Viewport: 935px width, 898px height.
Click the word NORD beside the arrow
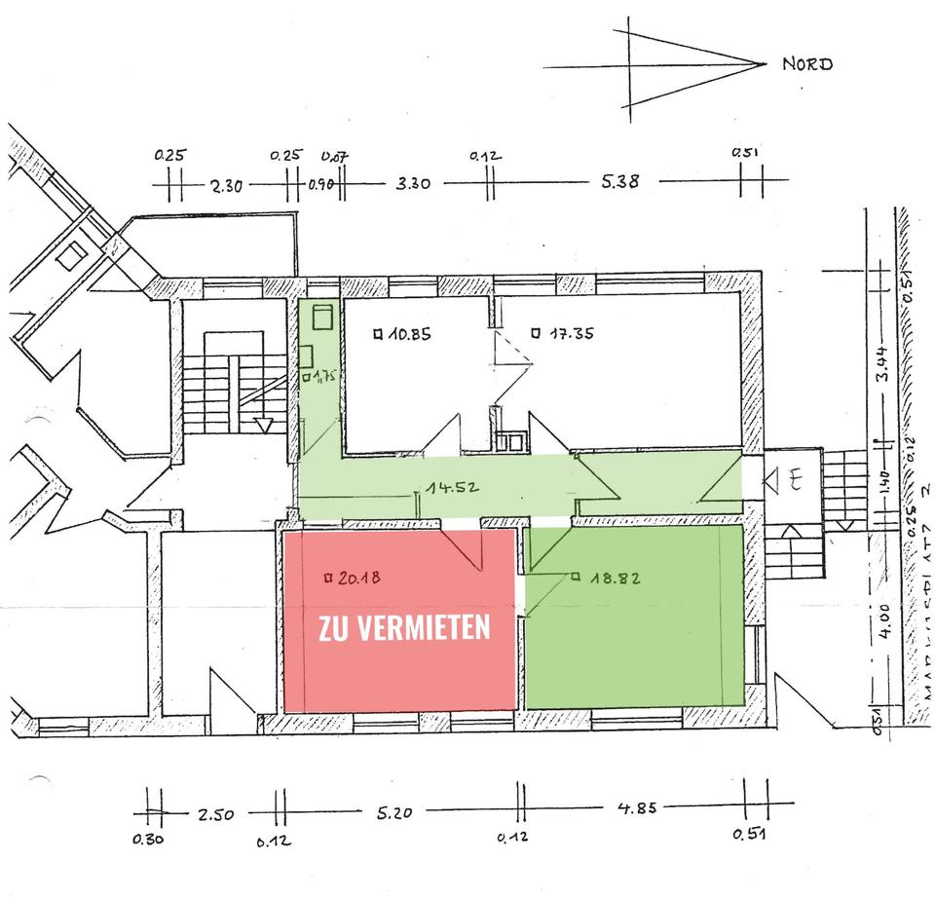point(807,65)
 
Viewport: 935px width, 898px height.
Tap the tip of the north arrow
point(766,65)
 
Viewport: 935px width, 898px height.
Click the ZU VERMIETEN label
point(404,628)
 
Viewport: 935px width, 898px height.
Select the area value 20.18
point(355,577)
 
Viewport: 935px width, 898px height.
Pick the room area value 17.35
point(569,333)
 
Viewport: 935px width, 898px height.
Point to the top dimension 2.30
point(226,184)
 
